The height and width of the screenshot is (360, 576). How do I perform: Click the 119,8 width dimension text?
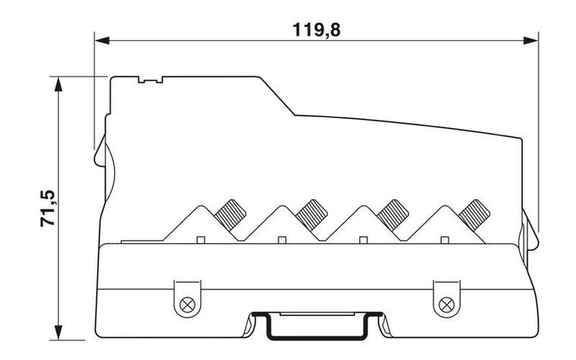(x=316, y=30)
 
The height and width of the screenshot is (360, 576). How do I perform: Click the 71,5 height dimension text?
(x=48, y=208)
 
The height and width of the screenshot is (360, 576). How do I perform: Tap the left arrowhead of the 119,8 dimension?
(x=102, y=40)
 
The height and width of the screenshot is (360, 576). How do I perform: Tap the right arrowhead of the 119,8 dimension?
(x=531, y=40)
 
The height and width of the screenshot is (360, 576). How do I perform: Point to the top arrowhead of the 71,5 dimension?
(x=58, y=84)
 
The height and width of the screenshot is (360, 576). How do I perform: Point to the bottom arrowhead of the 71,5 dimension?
(x=58, y=333)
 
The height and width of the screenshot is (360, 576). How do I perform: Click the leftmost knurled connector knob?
(x=230, y=215)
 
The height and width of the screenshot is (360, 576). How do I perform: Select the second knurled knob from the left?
(x=311, y=215)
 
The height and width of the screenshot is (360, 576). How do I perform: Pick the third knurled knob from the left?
(x=393, y=215)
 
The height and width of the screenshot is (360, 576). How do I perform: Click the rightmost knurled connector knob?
(x=474, y=215)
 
